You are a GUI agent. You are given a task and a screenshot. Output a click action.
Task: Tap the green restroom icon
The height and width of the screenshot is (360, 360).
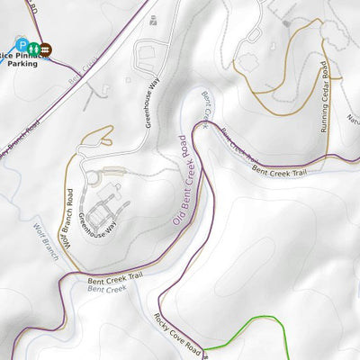coord(32,48)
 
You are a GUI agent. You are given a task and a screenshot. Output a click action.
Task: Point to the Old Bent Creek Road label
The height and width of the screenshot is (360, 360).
coord(179,180)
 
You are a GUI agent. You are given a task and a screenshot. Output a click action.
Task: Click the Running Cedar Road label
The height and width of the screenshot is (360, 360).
coord(323,97)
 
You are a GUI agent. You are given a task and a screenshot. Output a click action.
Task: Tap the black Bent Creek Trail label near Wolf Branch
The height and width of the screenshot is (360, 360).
coord(116,281)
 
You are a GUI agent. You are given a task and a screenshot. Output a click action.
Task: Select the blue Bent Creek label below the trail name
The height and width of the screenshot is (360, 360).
coord(107,291)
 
